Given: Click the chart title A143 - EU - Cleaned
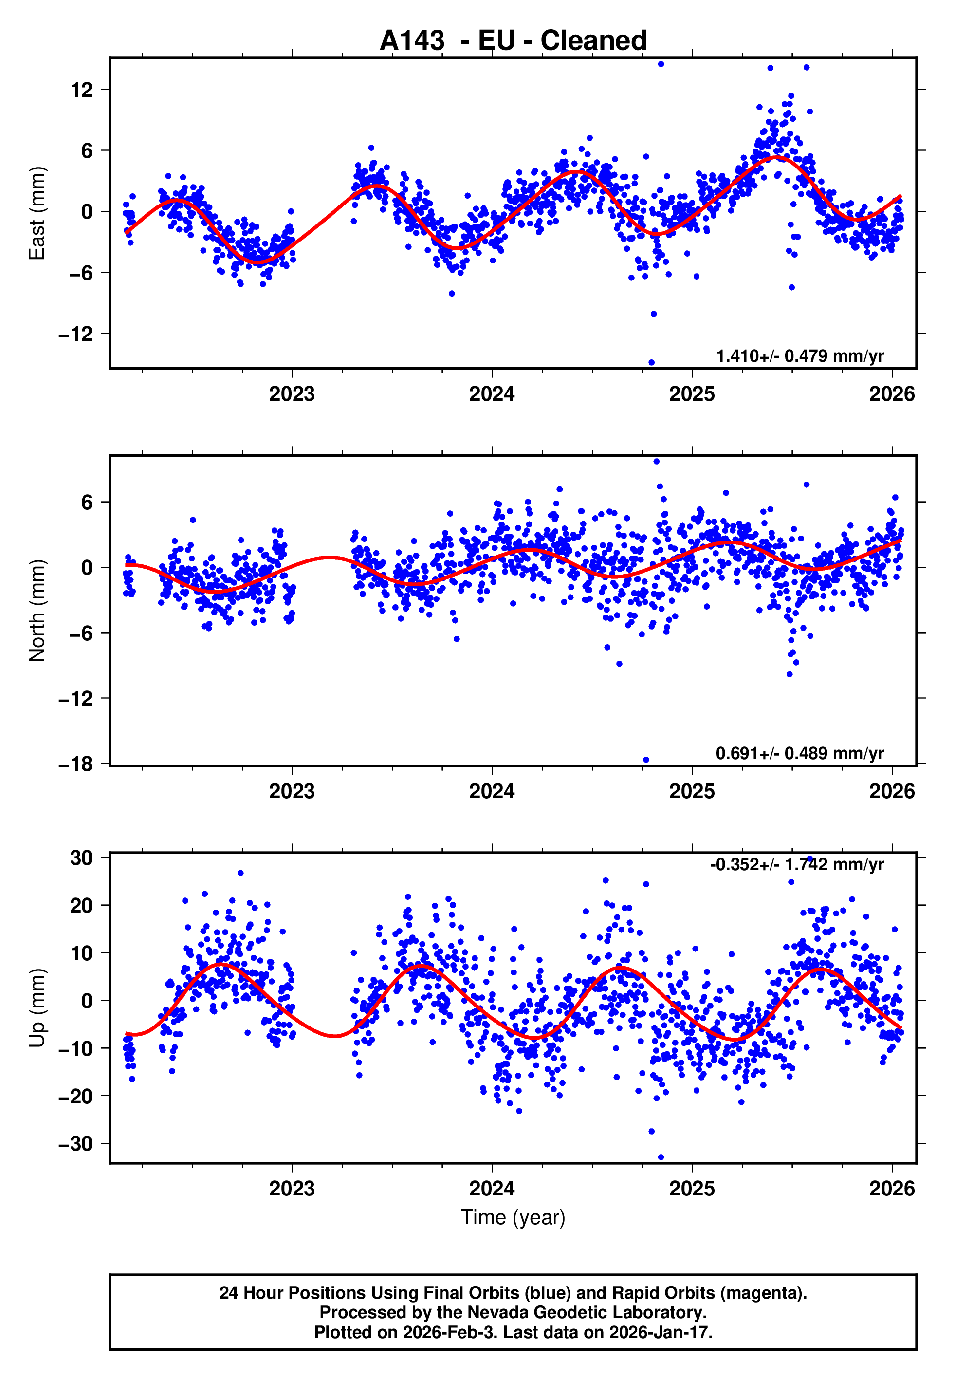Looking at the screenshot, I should point(513,41).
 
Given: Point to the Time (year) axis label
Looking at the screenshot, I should point(513,1217).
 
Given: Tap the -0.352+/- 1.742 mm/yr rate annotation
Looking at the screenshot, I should point(796,864).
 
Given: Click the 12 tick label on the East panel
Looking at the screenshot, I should point(81,90).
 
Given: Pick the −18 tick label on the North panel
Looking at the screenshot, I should point(75,764).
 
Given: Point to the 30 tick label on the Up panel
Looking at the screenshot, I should point(81,858).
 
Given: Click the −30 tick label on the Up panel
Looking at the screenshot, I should point(75,1144).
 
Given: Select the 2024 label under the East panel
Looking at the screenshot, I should point(492,394).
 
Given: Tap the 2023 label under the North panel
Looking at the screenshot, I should point(292,791).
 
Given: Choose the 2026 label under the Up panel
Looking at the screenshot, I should point(892,1188).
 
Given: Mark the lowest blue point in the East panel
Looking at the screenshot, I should point(652,363).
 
